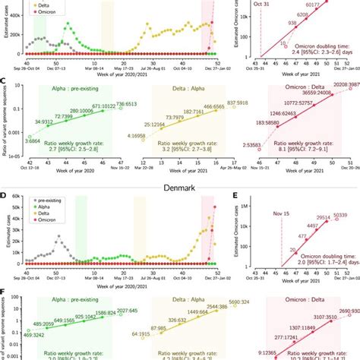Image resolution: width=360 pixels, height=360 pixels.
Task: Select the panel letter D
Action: (x=4, y=196)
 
